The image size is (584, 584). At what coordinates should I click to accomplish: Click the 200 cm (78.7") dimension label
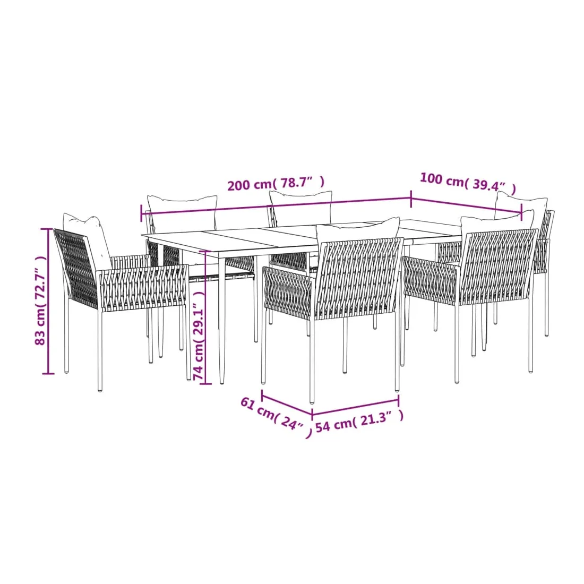pos(276,183)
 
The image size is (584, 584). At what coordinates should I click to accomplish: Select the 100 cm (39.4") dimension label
pos(468,183)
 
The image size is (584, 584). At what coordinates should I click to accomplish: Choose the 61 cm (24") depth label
pos(276,417)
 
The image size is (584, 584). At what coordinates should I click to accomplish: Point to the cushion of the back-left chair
pos(182,211)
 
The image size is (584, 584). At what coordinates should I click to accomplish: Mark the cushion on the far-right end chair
pos(521,208)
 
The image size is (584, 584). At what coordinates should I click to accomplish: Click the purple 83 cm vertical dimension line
pos(48,301)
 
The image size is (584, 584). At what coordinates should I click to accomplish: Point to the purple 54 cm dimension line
pos(355,407)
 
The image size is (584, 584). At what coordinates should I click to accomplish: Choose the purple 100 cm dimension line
pos(466,204)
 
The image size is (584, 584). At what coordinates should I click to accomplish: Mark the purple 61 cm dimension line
pos(287,402)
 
